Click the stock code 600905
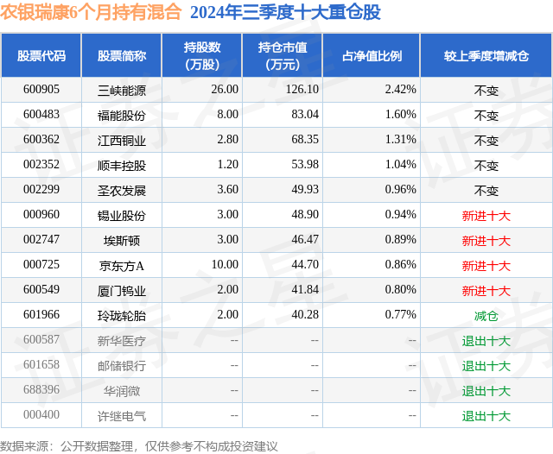click(x=41, y=89)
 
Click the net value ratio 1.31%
click(x=400, y=139)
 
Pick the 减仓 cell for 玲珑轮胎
click(x=486, y=316)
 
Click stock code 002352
click(x=41, y=165)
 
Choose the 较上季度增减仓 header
click(x=486, y=55)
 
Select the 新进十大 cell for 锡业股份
click(x=486, y=215)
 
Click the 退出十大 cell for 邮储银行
click(x=486, y=366)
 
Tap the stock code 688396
click(x=41, y=391)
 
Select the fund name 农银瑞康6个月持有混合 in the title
click(x=91, y=12)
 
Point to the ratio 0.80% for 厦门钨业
click(x=400, y=291)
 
